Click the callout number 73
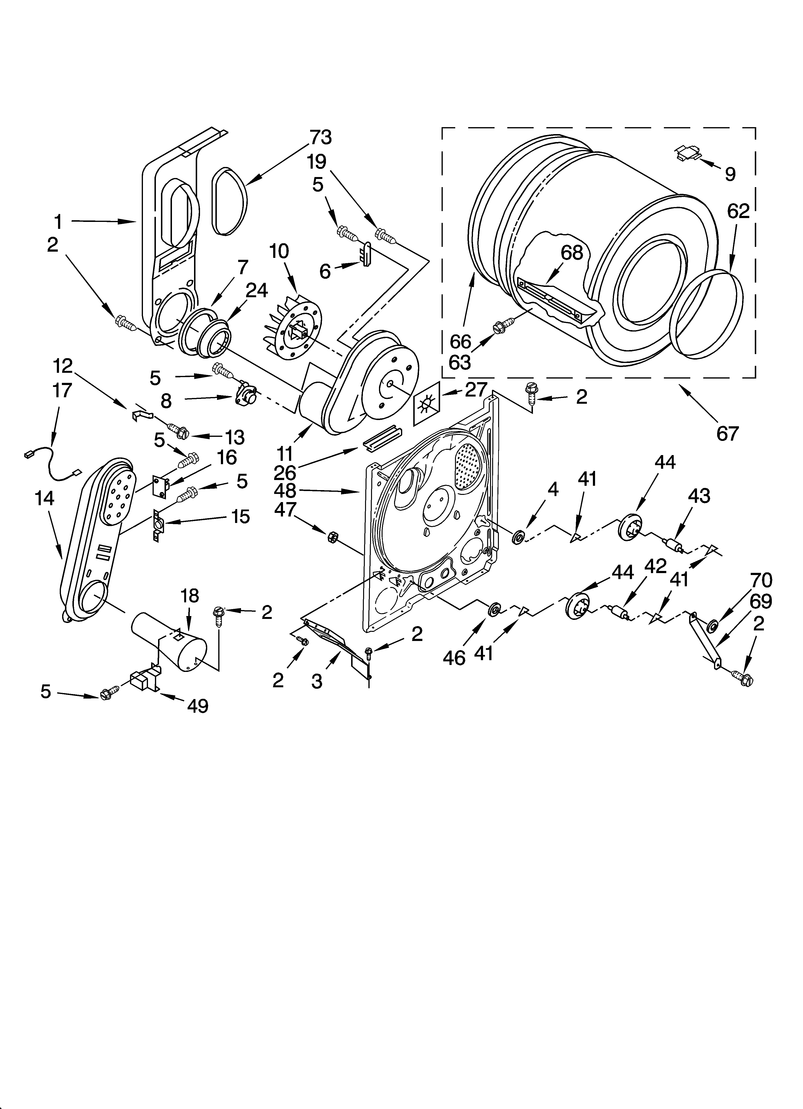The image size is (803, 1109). [x=320, y=138]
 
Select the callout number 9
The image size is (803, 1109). [x=730, y=174]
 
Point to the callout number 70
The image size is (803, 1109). [x=762, y=581]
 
